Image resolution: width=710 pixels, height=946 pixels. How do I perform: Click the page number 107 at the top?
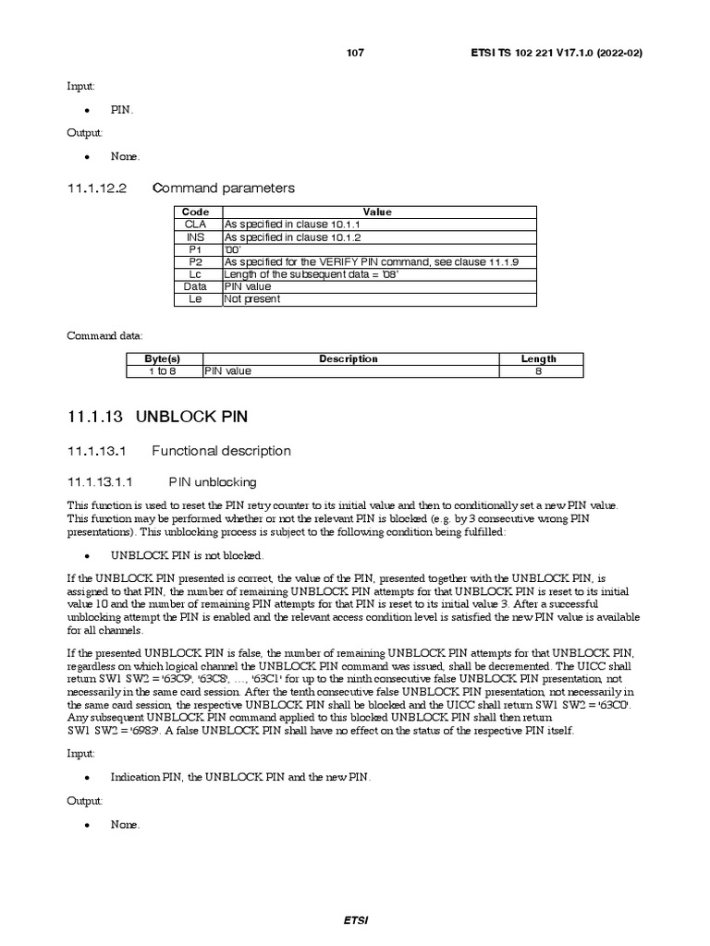pyautogui.click(x=355, y=53)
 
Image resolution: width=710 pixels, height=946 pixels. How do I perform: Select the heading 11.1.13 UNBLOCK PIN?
pyautogui.click(x=158, y=417)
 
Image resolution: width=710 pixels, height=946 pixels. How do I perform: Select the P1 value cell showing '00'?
pyautogui.click(x=233, y=249)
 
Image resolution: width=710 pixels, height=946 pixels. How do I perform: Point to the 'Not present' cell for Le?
pyautogui.click(x=252, y=299)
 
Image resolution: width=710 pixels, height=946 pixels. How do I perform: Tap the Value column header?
pyautogui.click(x=377, y=212)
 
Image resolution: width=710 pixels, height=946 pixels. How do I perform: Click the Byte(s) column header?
pyautogui.click(x=163, y=358)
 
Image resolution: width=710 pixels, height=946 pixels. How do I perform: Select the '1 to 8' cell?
pyautogui.click(x=163, y=371)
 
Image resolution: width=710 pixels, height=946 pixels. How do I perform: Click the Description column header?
pyautogui.click(x=349, y=358)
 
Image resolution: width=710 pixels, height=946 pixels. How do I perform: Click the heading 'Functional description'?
pyautogui.click(x=221, y=451)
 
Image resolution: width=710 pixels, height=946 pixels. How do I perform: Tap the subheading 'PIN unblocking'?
pyautogui.click(x=213, y=482)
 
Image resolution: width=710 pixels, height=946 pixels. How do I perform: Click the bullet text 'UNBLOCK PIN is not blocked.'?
pyautogui.click(x=188, y=555)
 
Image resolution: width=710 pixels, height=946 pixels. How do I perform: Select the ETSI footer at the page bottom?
pyautogui.click(x=355, y=920)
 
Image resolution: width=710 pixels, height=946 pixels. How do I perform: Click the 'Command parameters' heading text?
pyautogui.click(x=224, y=188)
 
